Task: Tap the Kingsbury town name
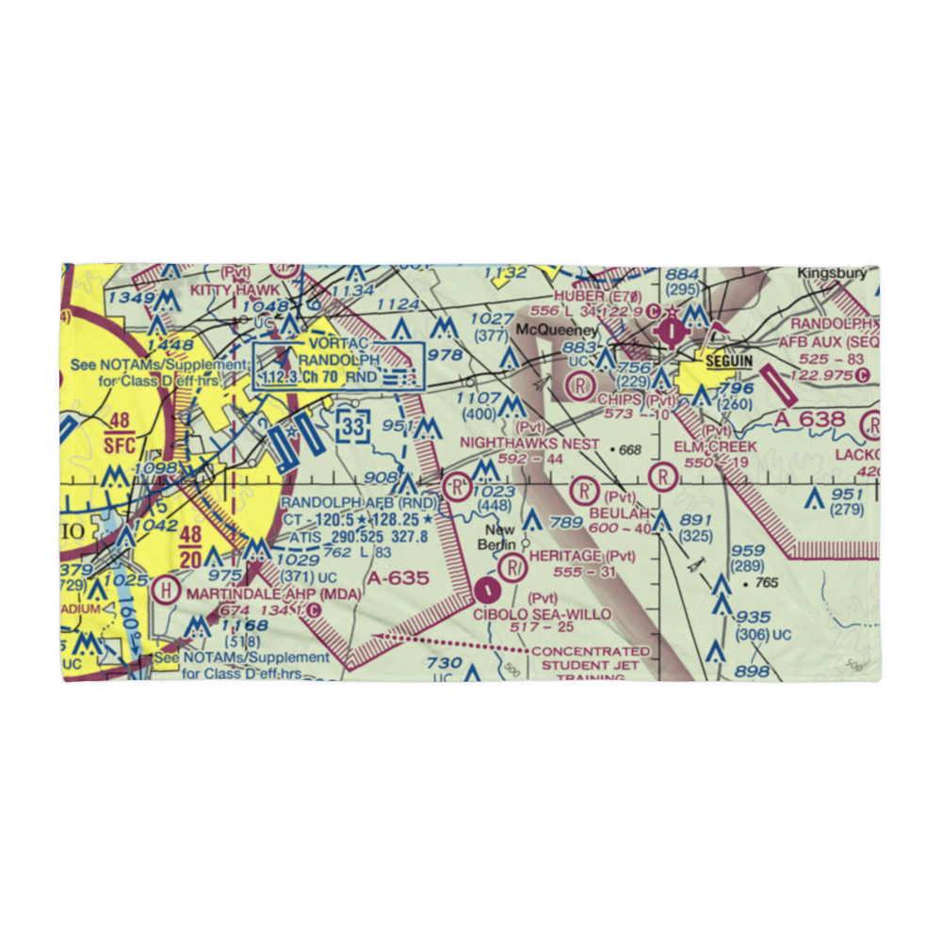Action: click(x=832, y=273)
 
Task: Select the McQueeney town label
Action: click(x=557, y=331)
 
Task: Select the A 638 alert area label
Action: click(x=813, y=418)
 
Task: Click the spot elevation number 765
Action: click(x=766, y=584)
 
